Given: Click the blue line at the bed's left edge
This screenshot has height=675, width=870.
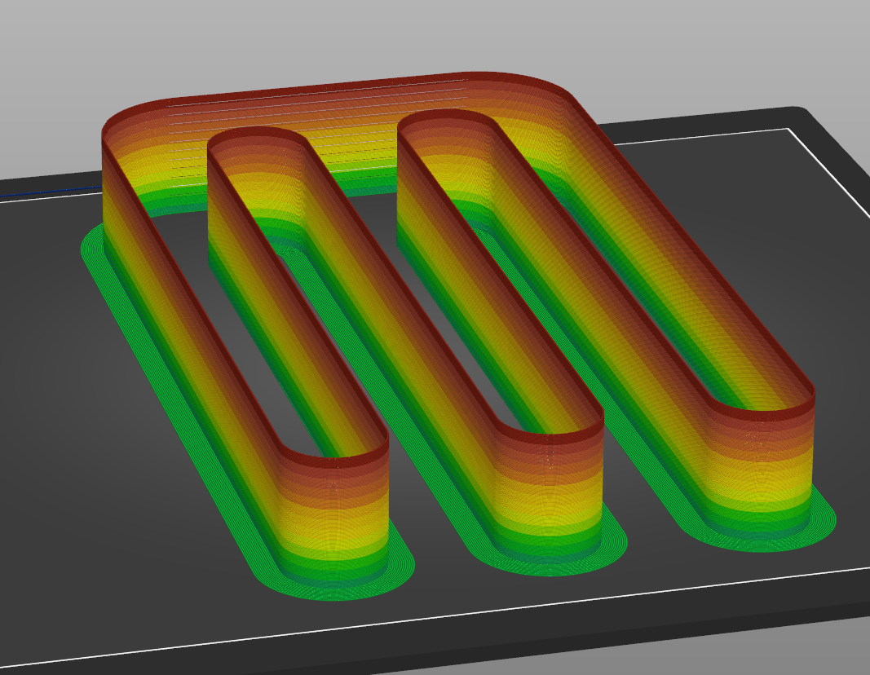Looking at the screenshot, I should click(x=49, y=194).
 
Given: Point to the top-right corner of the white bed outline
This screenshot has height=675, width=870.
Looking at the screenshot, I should click(x=788, y=129).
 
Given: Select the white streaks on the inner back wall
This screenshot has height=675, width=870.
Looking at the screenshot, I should click(x=367, y=139).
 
